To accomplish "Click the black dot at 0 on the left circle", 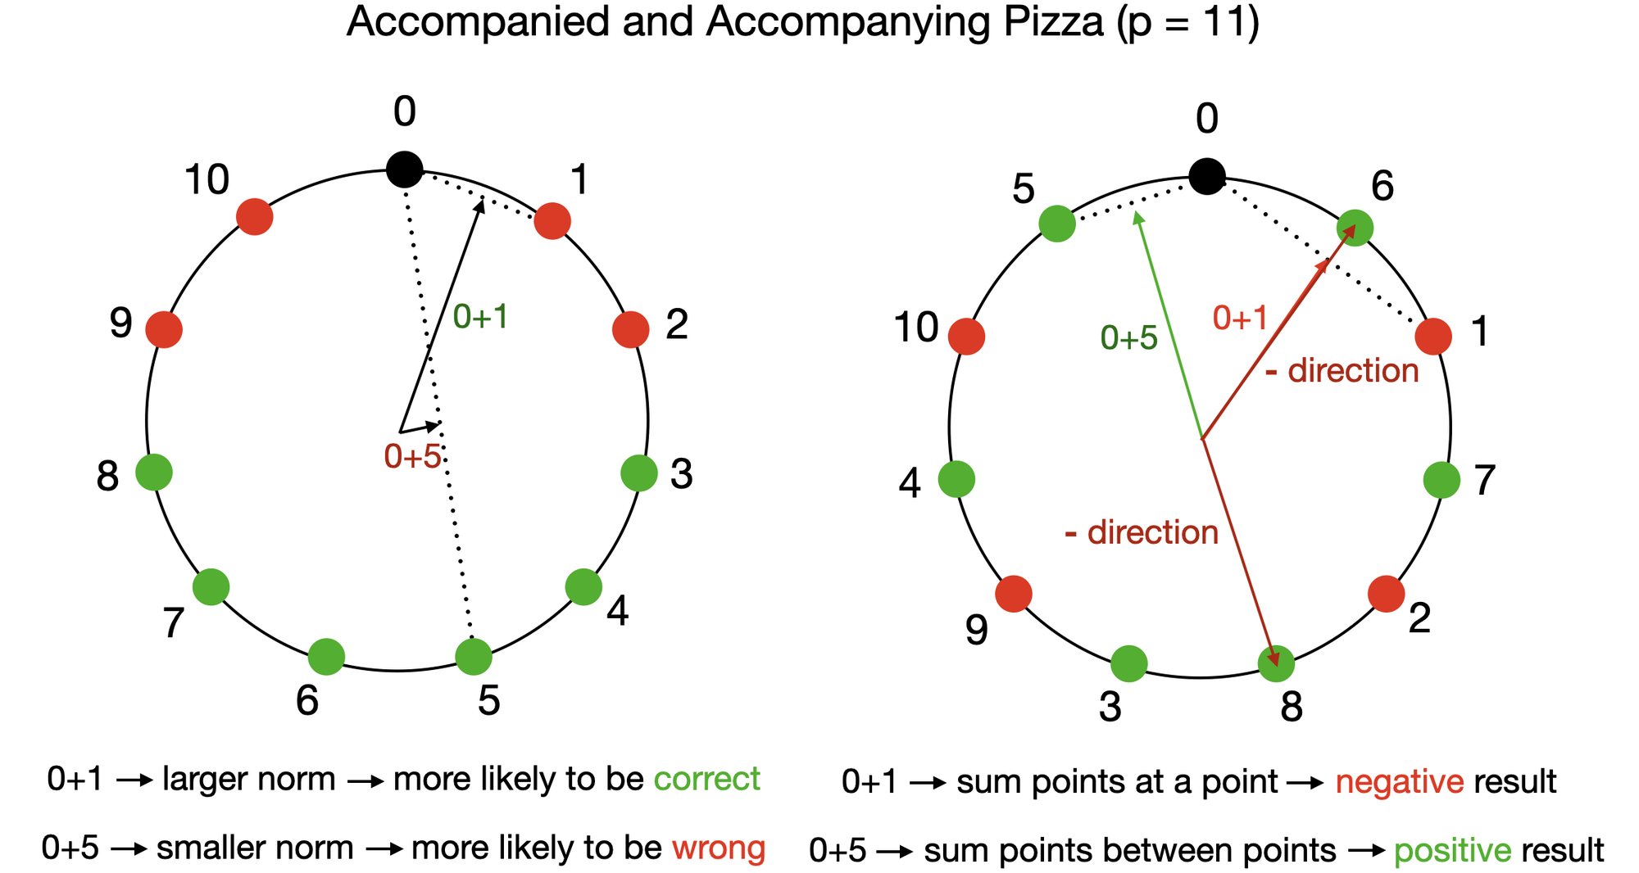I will [404, 170].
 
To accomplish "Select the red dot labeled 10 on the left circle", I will [254, 216].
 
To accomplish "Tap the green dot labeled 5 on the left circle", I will [473, 656].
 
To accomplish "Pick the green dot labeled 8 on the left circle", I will [154, 472].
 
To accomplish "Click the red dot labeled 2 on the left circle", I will [630, 329].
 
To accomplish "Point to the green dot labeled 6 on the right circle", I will [1355, 228].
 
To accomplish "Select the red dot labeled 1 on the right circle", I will [1433, 336].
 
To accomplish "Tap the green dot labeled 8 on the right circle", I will [1276, 663].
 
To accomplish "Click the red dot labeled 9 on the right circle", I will [1014, 594].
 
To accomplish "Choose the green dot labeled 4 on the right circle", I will [956, 479].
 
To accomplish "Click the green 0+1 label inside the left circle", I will [481, 317].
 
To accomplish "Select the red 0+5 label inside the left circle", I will [412, 456].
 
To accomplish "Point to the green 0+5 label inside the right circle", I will [1128, 337].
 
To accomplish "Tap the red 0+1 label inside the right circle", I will [1240, 318].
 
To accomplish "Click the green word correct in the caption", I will [706, 779].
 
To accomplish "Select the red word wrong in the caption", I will [719, 848].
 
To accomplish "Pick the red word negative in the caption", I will [1399, 782].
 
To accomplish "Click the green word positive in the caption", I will [1452, 851].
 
